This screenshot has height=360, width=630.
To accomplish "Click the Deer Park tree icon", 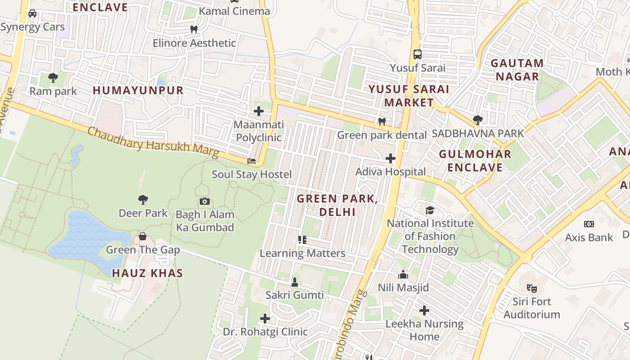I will (143, 199).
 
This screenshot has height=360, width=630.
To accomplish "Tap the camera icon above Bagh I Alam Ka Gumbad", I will (205, 201).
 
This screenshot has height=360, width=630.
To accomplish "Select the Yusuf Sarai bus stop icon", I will (418, 54).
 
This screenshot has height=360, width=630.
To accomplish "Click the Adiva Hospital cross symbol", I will (391, 158).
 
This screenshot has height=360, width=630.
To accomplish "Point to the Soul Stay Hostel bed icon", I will (252, 161).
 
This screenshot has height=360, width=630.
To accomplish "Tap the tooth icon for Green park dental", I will (382, 121).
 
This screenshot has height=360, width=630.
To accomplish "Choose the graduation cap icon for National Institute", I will (430, 210).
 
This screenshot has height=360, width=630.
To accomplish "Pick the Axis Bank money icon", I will (589, 224).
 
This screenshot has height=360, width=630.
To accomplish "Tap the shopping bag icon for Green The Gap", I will (143, 236).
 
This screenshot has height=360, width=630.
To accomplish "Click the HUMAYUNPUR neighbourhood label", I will (138, 90).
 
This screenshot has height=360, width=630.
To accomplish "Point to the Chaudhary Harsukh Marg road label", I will (153, 143).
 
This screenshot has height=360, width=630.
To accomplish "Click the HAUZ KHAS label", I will (147, 273).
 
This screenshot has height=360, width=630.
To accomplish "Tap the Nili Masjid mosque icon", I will (403, 274).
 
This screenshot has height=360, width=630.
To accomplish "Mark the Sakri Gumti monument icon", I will (295, 282).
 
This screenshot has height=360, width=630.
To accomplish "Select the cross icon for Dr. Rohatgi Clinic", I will (265, 319).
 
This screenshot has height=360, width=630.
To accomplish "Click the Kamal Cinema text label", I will (234, 11).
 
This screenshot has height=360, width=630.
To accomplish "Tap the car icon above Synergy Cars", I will (32, 13).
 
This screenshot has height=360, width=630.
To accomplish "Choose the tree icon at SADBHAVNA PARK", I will (478, 120).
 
